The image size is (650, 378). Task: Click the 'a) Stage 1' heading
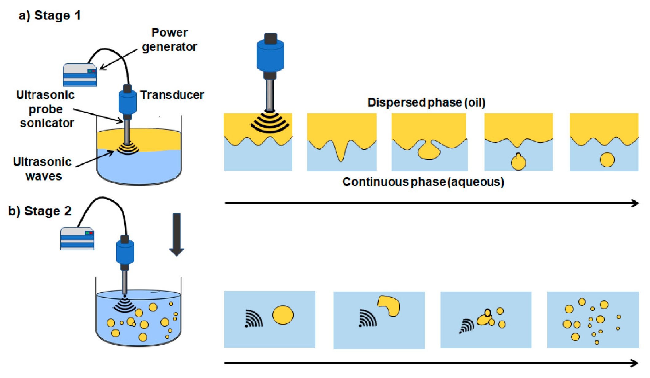click(x=49, y=15)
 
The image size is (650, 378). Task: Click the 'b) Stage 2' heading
click(x=40, y=211)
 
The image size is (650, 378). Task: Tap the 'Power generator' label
click(x=169, y=40)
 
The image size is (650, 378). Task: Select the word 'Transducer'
click(x=172, y=95)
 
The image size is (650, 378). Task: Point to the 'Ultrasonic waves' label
click(x=42, y=169)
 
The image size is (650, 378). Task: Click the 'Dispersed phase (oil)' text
click(x=426, y=103)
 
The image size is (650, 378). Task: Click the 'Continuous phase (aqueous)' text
click(x=423, y=182)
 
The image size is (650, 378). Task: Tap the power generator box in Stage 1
click(x=80, y=75)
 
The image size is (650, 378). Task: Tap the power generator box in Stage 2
click(x=77, y=239)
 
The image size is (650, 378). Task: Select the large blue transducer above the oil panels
click(x=270, y=55)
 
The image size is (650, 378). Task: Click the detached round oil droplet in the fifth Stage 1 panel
click(x=607, y=160)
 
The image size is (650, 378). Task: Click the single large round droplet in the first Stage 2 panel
click(x=283, y=315)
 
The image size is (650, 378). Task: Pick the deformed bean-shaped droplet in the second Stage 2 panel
click(x=389, y=305)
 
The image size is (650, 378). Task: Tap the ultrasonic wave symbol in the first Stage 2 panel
click(x=254, y=319)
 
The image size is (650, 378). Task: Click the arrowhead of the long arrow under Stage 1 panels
click(x=635, y=203)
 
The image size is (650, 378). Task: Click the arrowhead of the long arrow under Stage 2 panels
click(x=634, y=363)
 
